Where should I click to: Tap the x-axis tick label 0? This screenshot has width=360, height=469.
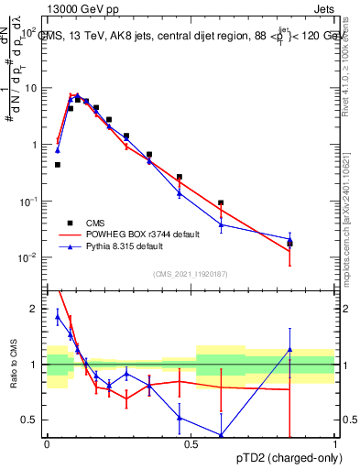click(47, 444)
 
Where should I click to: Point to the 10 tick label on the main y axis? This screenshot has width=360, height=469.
click(31, 88)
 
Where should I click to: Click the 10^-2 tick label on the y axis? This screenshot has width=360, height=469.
click(28, 258)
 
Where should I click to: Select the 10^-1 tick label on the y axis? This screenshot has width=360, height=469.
click(28, 202)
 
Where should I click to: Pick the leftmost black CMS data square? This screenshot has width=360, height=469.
click(58, 165)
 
